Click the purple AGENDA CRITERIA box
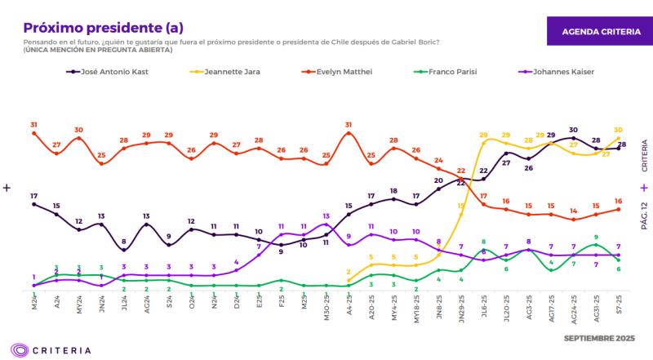pos(601,30)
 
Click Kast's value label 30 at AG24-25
pos(573,130)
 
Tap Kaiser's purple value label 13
pos(326,216)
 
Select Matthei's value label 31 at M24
pos(33,125)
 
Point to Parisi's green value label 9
pos(596,236)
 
